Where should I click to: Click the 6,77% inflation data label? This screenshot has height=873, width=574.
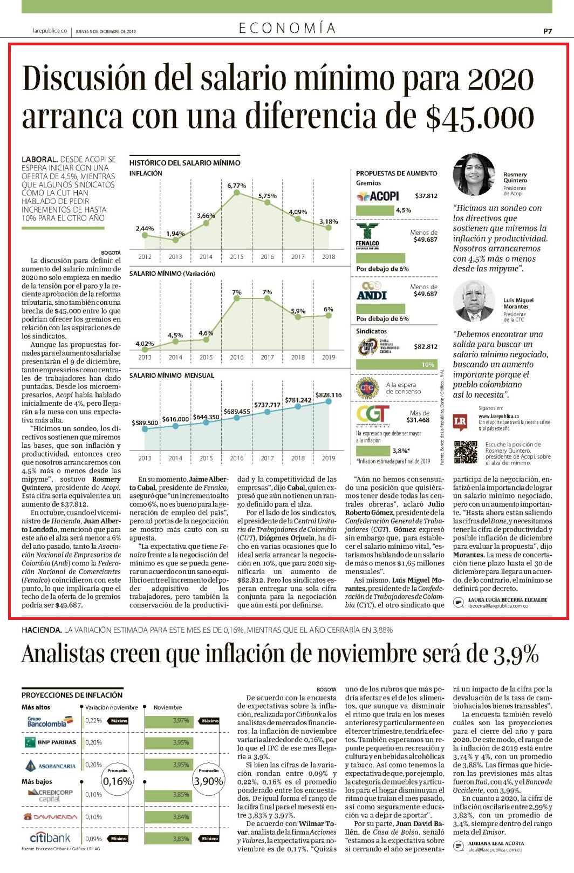coord(236,186)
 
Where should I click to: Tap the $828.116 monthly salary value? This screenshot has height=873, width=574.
coord(329,395)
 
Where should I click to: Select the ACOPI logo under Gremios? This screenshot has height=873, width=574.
coord(378,196)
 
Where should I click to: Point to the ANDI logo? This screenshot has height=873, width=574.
coord(371,291)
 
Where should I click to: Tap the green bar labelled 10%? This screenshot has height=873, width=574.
coord(397,364)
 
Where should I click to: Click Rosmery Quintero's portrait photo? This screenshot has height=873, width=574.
coord(474,174)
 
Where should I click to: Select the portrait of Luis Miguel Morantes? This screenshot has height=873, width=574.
coord(474,301)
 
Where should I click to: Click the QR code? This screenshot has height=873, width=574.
coord(465,452)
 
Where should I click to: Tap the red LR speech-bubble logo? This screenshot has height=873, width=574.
coord(460,422)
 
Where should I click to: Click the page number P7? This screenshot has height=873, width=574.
coord(548,31)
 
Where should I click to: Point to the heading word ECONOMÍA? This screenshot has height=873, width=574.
coord(287,28)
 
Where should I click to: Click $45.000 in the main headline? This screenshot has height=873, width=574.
coord(480,117)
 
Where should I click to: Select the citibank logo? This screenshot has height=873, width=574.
coord(50,838)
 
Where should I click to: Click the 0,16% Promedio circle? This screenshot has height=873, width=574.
coord(117,780)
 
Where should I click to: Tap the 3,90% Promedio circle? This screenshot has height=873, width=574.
coord(208,780)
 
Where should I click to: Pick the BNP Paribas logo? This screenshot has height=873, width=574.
coord(50,742)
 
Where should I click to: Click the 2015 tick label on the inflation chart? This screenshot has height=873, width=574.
coord(236,257)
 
